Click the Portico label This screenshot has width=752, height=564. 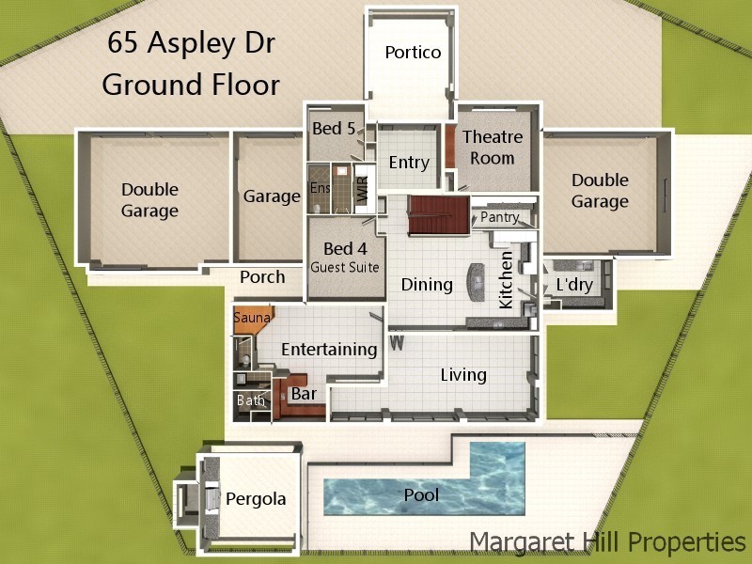pyautogui.click(x=413, y=53)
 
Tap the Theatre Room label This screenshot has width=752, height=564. pyautogui.click(x=492, y=148)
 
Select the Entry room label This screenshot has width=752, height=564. pyautogui.click(x=409, y=163)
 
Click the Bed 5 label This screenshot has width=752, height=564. pyautogui.click(x=333, y=129)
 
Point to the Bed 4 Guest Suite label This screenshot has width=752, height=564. pyautogui.click(x=345, y=257)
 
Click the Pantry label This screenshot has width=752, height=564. pyautogui.click(x=499, y=217)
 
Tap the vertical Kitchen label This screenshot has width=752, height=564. pyautogui.click(x=506, y=279)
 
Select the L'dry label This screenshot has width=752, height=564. pyautogui.click(x=573, y=283)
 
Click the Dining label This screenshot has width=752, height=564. pyautogui.click(x=427, y=284)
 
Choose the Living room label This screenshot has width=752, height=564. pyautogui.click(x=463, y=375)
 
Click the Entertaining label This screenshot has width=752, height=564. pyautogui.click(x=329, y=350)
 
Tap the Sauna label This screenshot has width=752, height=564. pyautogui.click(x=251, y=319)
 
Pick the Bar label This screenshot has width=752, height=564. pyautogui.click(x=304, y=394)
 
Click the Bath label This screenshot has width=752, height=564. pyautogui.click(x=251, y=400)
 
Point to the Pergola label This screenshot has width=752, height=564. pyautogui.click(x=255, y=499)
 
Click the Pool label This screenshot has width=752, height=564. pyautogui.click(x=421, y=494)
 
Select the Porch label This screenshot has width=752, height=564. pyautogui.click(x=262, y=277)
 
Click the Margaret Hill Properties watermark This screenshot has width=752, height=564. pyautogui.click(x=607, y=541)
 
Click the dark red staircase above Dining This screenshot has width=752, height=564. pyautogui.click(x=437, y=216)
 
